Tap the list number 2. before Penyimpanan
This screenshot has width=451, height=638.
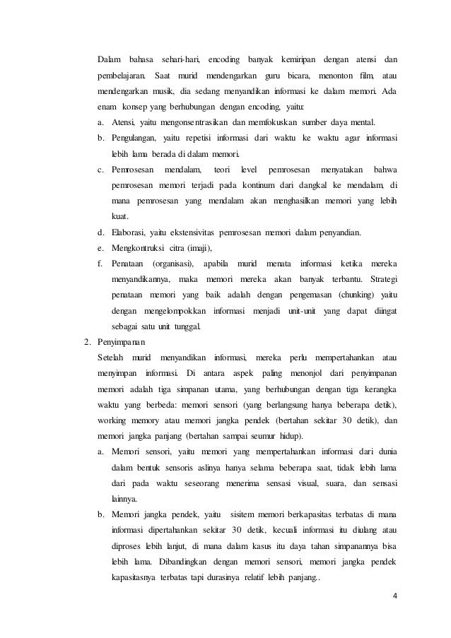click(88, 342)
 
